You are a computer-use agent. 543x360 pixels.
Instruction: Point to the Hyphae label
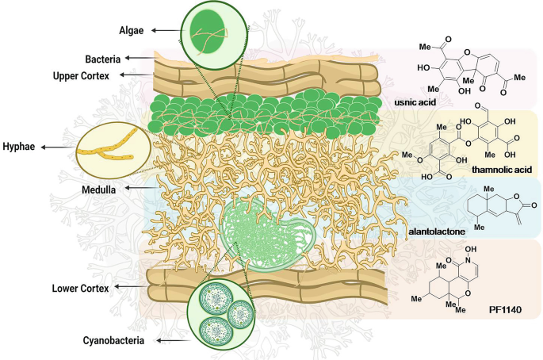point(19,147)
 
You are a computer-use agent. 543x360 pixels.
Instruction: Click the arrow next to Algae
point(164,30)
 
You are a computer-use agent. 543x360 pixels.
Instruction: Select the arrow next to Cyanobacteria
point(168,340)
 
